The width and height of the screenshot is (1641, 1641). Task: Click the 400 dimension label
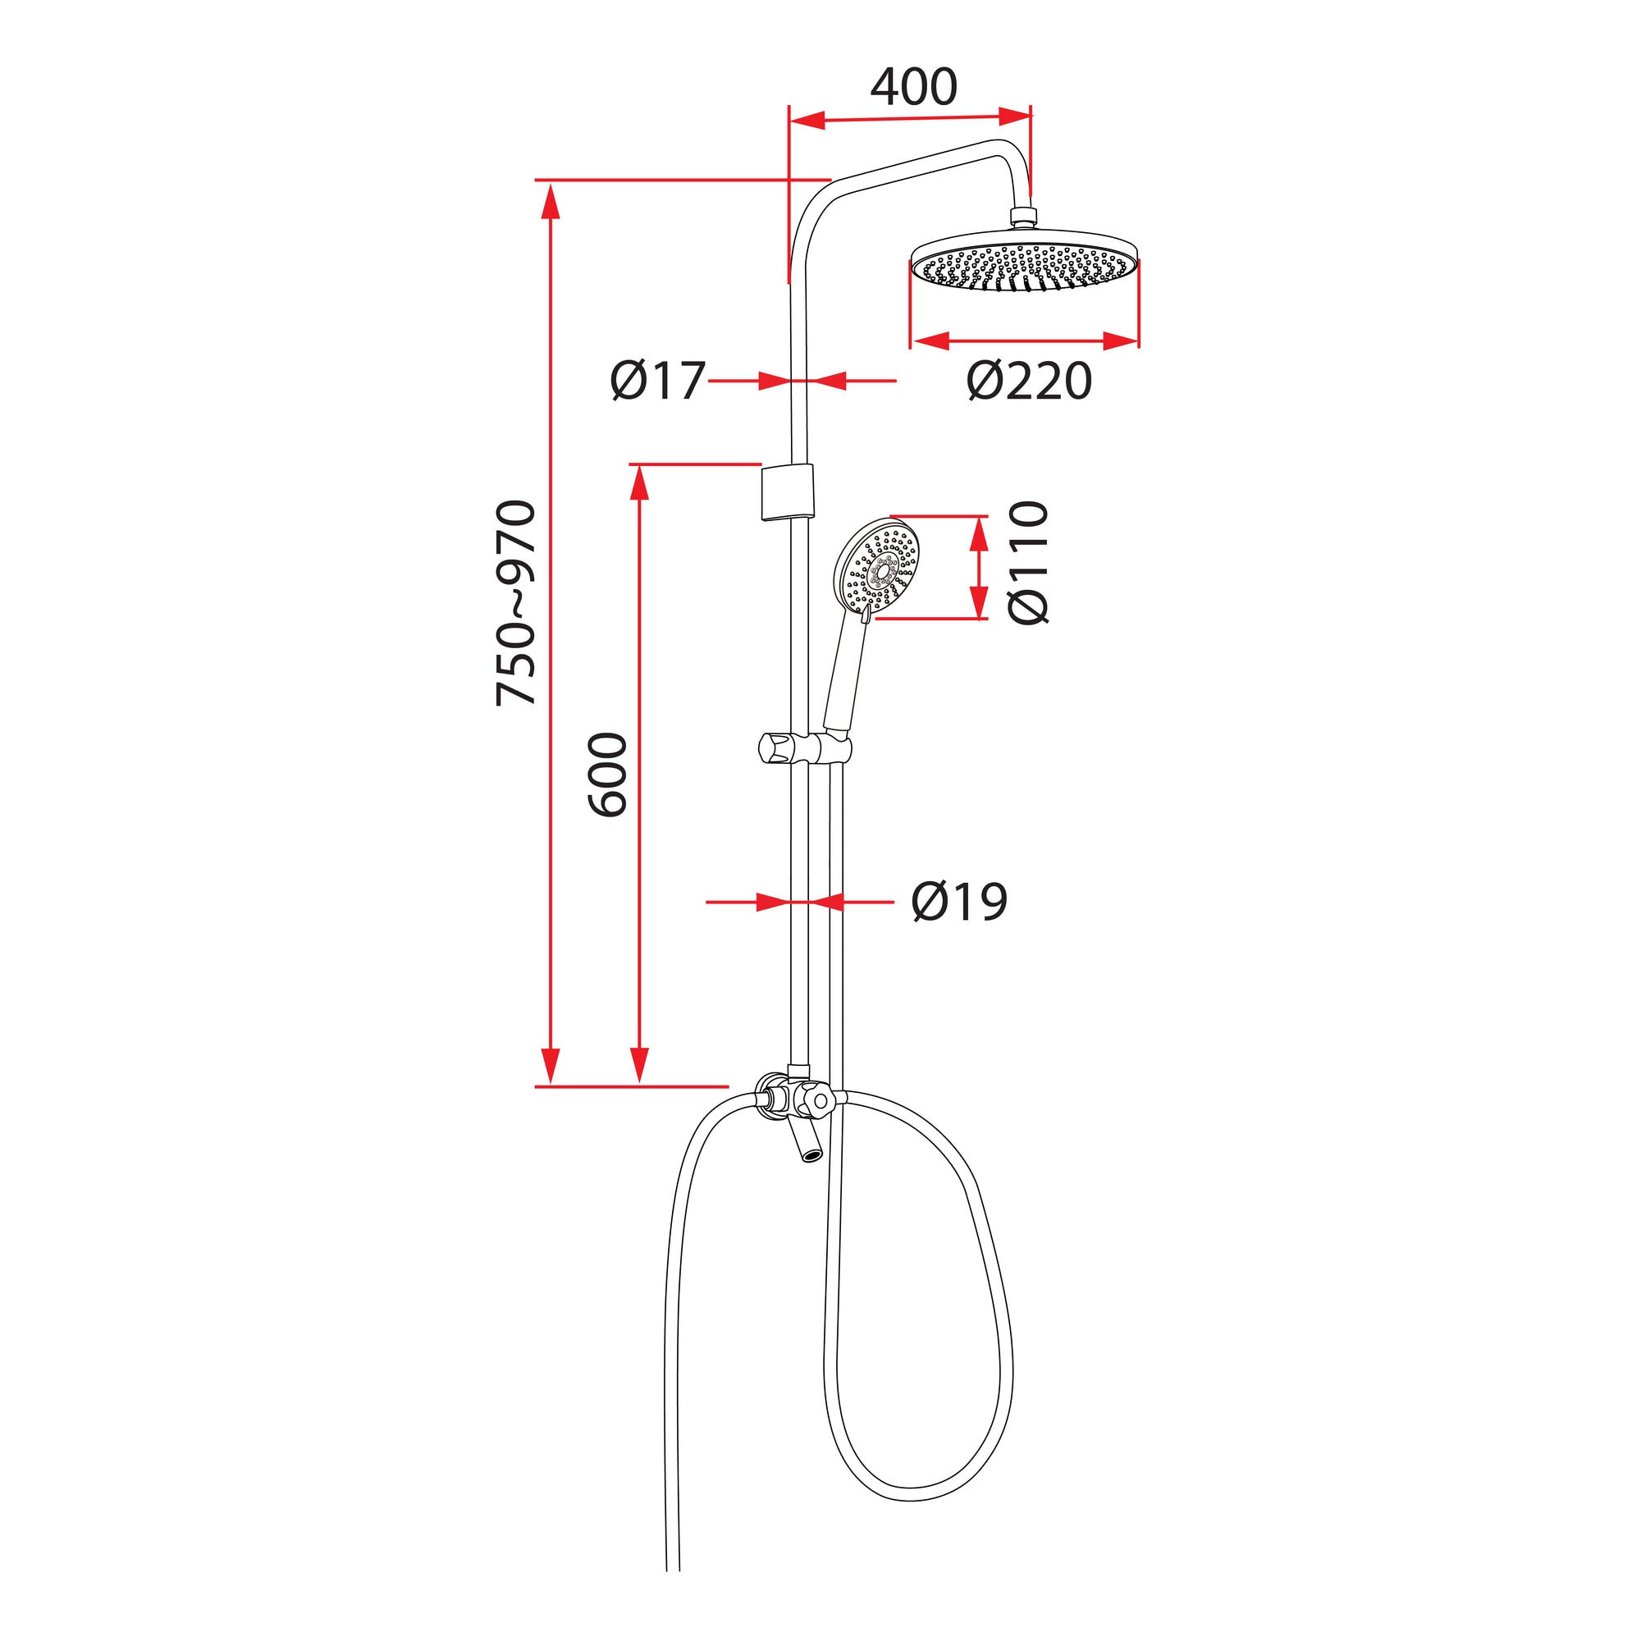click(913, 87)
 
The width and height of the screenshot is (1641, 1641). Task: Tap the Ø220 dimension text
click(1029, 382)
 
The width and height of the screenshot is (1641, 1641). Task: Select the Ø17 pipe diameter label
click(657, 381)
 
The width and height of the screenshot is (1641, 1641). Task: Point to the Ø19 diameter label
click(959, 901)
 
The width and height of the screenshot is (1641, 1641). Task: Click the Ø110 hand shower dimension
click(1029, 562)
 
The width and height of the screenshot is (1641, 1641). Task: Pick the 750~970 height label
click(515, 603)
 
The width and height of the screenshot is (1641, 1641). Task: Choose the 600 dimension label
click(608, 775)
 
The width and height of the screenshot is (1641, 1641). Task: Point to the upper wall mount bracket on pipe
click(788, 491)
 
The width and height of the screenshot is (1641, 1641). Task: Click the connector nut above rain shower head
click(1023, 217)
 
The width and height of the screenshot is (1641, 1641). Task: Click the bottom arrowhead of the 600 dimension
click(640, 1065)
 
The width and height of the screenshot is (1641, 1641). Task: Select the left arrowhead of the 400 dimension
click(807, 121)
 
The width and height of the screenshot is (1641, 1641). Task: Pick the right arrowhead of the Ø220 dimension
click(1120, 341)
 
